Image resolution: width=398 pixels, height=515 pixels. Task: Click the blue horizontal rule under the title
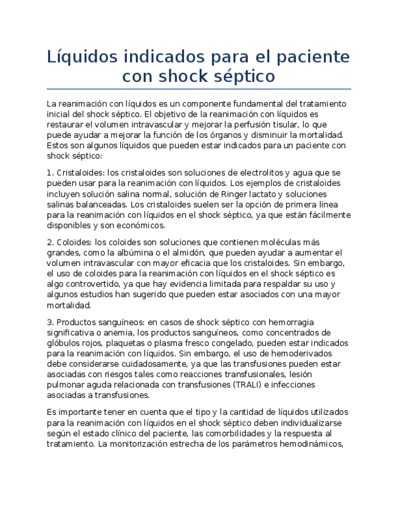pos(199,89)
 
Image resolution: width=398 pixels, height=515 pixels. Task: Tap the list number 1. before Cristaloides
pos(50,173)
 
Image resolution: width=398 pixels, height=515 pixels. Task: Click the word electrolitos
pos(253,173)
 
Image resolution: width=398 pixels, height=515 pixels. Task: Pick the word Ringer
pos(228,194)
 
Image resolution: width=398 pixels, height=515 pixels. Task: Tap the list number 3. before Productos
pos(50,322)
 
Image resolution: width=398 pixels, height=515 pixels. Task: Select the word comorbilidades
pos(235,433)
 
